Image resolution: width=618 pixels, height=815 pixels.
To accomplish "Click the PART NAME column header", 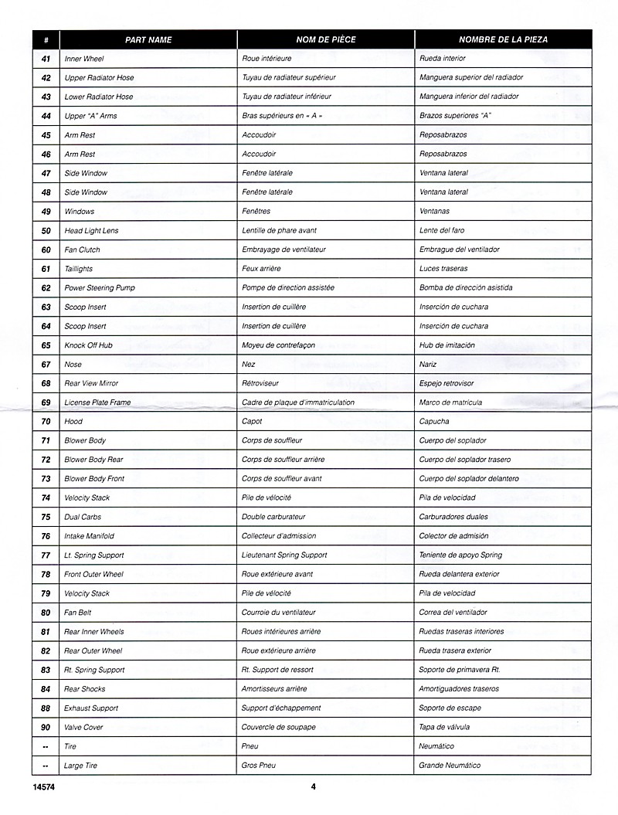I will click(148, 39).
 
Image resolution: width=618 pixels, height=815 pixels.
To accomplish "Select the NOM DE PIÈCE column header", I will click(324, 39).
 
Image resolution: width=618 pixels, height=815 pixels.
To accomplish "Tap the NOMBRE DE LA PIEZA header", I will click(503, 39).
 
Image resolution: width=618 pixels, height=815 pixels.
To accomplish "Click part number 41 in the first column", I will click(46, 59).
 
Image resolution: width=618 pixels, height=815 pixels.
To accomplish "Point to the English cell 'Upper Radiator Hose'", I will click(98, 78).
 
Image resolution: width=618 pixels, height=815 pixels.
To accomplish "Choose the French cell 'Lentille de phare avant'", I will click(279, 231).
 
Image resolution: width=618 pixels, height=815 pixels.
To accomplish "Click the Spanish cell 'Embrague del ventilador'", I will click(459, 250).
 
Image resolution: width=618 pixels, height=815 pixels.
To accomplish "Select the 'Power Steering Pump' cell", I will click(100, 288).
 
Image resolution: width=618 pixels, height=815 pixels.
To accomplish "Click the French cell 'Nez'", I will click(248, 365).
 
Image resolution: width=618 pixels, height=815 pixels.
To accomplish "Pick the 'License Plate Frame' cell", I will click(97, 402).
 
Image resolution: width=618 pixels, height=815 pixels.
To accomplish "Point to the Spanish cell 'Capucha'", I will click(434, 422).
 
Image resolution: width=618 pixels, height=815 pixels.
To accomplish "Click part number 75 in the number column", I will click(46, 518).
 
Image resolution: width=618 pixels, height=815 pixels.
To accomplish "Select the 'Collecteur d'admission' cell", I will click(279, 536).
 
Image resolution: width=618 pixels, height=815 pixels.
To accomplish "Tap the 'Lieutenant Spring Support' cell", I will click(284, 555).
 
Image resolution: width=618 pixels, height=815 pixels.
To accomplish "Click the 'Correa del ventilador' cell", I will click(453, 613).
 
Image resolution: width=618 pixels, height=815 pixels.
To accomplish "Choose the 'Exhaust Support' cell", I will click(90, 708).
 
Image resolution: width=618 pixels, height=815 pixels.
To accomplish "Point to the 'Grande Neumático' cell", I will click(450, 766).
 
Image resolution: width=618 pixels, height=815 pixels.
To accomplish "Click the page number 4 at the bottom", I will click(314, 787).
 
